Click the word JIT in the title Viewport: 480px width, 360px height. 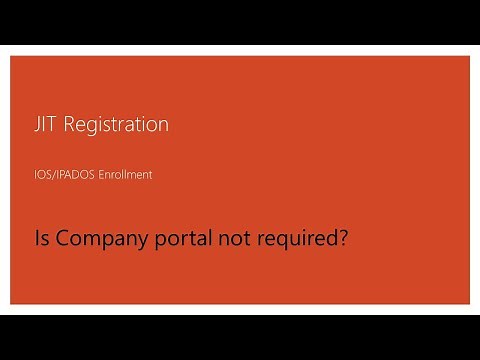pos(44,125)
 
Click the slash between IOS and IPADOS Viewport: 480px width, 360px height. pos(54,175)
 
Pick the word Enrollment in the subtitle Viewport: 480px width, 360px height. pos(125,175)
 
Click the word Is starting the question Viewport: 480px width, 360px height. pos(40,240)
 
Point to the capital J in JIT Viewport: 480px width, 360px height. pos(36,125)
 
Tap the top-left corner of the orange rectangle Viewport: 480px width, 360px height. pos(11,56)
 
